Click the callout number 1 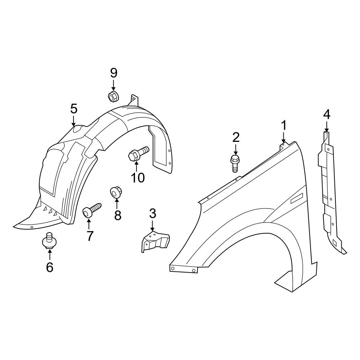pos(284,126)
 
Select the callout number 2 pos(236,137)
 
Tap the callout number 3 pos(153,213)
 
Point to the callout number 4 pos(327,114)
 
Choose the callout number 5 pos(74,108)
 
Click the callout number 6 pos(49,267)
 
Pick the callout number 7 pos(89,236)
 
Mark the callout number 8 pos(118,215)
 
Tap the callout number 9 pos(114,73)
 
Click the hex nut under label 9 pos(113,96)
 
